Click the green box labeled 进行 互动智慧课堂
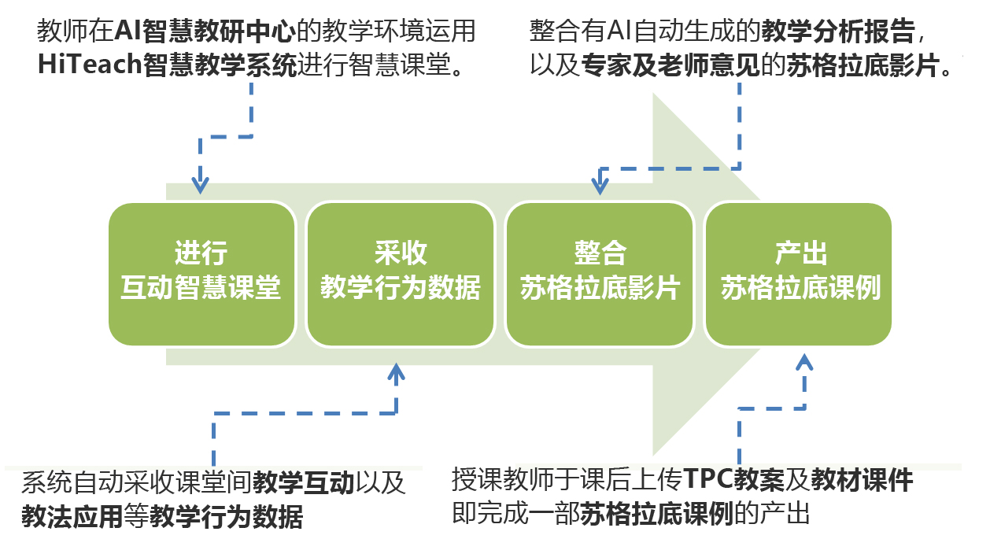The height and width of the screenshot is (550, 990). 201,274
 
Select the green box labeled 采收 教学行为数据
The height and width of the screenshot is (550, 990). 400,274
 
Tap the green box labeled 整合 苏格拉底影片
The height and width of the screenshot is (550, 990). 599,274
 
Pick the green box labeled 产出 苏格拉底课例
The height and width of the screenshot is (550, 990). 798,274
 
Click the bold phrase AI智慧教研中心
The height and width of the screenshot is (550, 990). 207,31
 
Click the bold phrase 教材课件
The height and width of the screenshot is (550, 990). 862,479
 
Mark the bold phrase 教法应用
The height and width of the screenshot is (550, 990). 72,516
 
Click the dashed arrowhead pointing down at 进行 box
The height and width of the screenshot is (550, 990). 201,185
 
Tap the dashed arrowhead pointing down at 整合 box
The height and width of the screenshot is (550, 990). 600,186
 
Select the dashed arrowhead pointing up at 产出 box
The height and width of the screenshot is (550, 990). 803,363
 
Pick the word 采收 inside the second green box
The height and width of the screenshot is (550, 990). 401,253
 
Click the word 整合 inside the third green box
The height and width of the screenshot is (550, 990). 600,253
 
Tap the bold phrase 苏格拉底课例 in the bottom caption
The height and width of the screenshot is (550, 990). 657,514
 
